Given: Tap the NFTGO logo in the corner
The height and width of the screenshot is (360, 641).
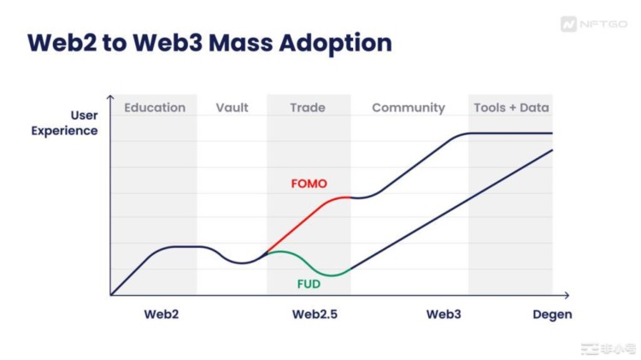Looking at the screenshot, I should click(x=590, y=25).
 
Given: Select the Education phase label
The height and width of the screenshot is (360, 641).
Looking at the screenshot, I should click(x=155, y=108).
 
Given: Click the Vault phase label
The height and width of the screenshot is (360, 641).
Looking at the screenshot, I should click(x=232, y=108).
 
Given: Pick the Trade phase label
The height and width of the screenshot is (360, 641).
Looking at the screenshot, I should click(x=308, y=108).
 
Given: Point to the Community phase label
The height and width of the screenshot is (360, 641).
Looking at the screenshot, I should click(x=409, y=108).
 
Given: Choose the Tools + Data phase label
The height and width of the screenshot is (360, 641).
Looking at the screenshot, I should click(x=511, y=108).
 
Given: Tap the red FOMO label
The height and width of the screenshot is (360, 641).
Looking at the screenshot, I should click(x=309, y=184).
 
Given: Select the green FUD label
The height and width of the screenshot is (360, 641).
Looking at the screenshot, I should click(x=309, y=283).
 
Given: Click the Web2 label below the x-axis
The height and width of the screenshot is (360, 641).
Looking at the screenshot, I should click(x=162, y=314).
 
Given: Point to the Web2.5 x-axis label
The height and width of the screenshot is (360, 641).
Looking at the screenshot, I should click(x=315, y=314).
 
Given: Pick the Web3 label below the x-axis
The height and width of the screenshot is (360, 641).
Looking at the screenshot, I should click(x=444, y=314).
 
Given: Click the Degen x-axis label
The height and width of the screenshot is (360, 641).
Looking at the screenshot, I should click(x=551, y=314).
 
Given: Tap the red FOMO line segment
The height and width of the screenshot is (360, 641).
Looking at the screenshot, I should click(x=308, y=224).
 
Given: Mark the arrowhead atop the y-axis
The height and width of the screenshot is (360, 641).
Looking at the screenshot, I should click(x=111, y=98).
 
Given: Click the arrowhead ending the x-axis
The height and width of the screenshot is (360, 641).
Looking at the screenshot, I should click(x=564, y=295).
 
